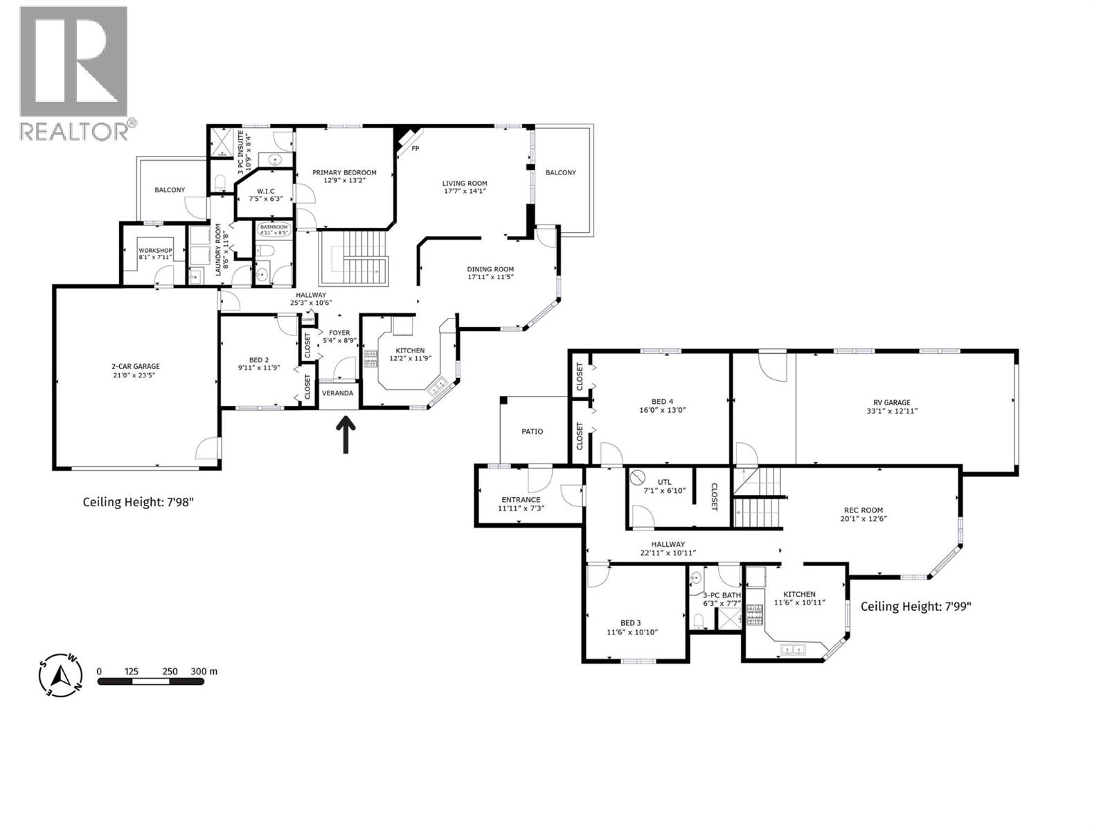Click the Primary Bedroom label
tap(344, 172)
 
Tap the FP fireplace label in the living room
tap(415, 149)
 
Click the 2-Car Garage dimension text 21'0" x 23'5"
tap(136, 375)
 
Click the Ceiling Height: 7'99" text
tap(915, 606)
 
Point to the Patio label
tap(532, 431)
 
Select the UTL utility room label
tap(665, 481)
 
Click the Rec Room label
tap(862, 510)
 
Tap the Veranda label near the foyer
tap(337, 393)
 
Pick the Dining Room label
tap(490, 269)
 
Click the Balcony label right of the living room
tap(560, 172)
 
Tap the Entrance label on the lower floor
tap(521, 499)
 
